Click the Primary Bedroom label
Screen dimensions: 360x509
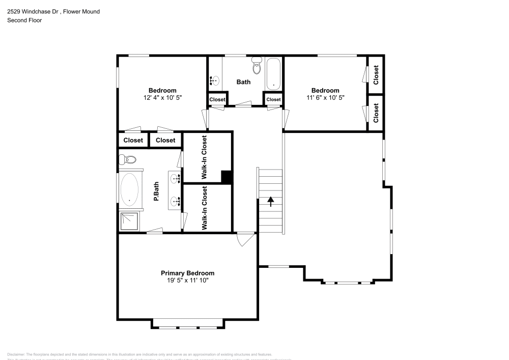pos(187,273)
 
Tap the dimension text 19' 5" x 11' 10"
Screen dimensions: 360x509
pos(187,280)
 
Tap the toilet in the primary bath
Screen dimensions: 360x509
pos(128,160)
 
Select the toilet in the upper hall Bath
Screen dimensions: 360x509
pos(257,66)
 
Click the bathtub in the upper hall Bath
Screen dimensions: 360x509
pos(273,73)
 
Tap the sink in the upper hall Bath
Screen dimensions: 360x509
pos(214,80)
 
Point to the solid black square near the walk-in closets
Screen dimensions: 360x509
pos(227,176)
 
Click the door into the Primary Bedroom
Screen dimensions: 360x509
pos(245,238)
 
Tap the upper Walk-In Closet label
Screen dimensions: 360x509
pos(205,157)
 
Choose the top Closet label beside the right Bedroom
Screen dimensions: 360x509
pos(376,75)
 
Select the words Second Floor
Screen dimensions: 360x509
pos(24,20)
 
